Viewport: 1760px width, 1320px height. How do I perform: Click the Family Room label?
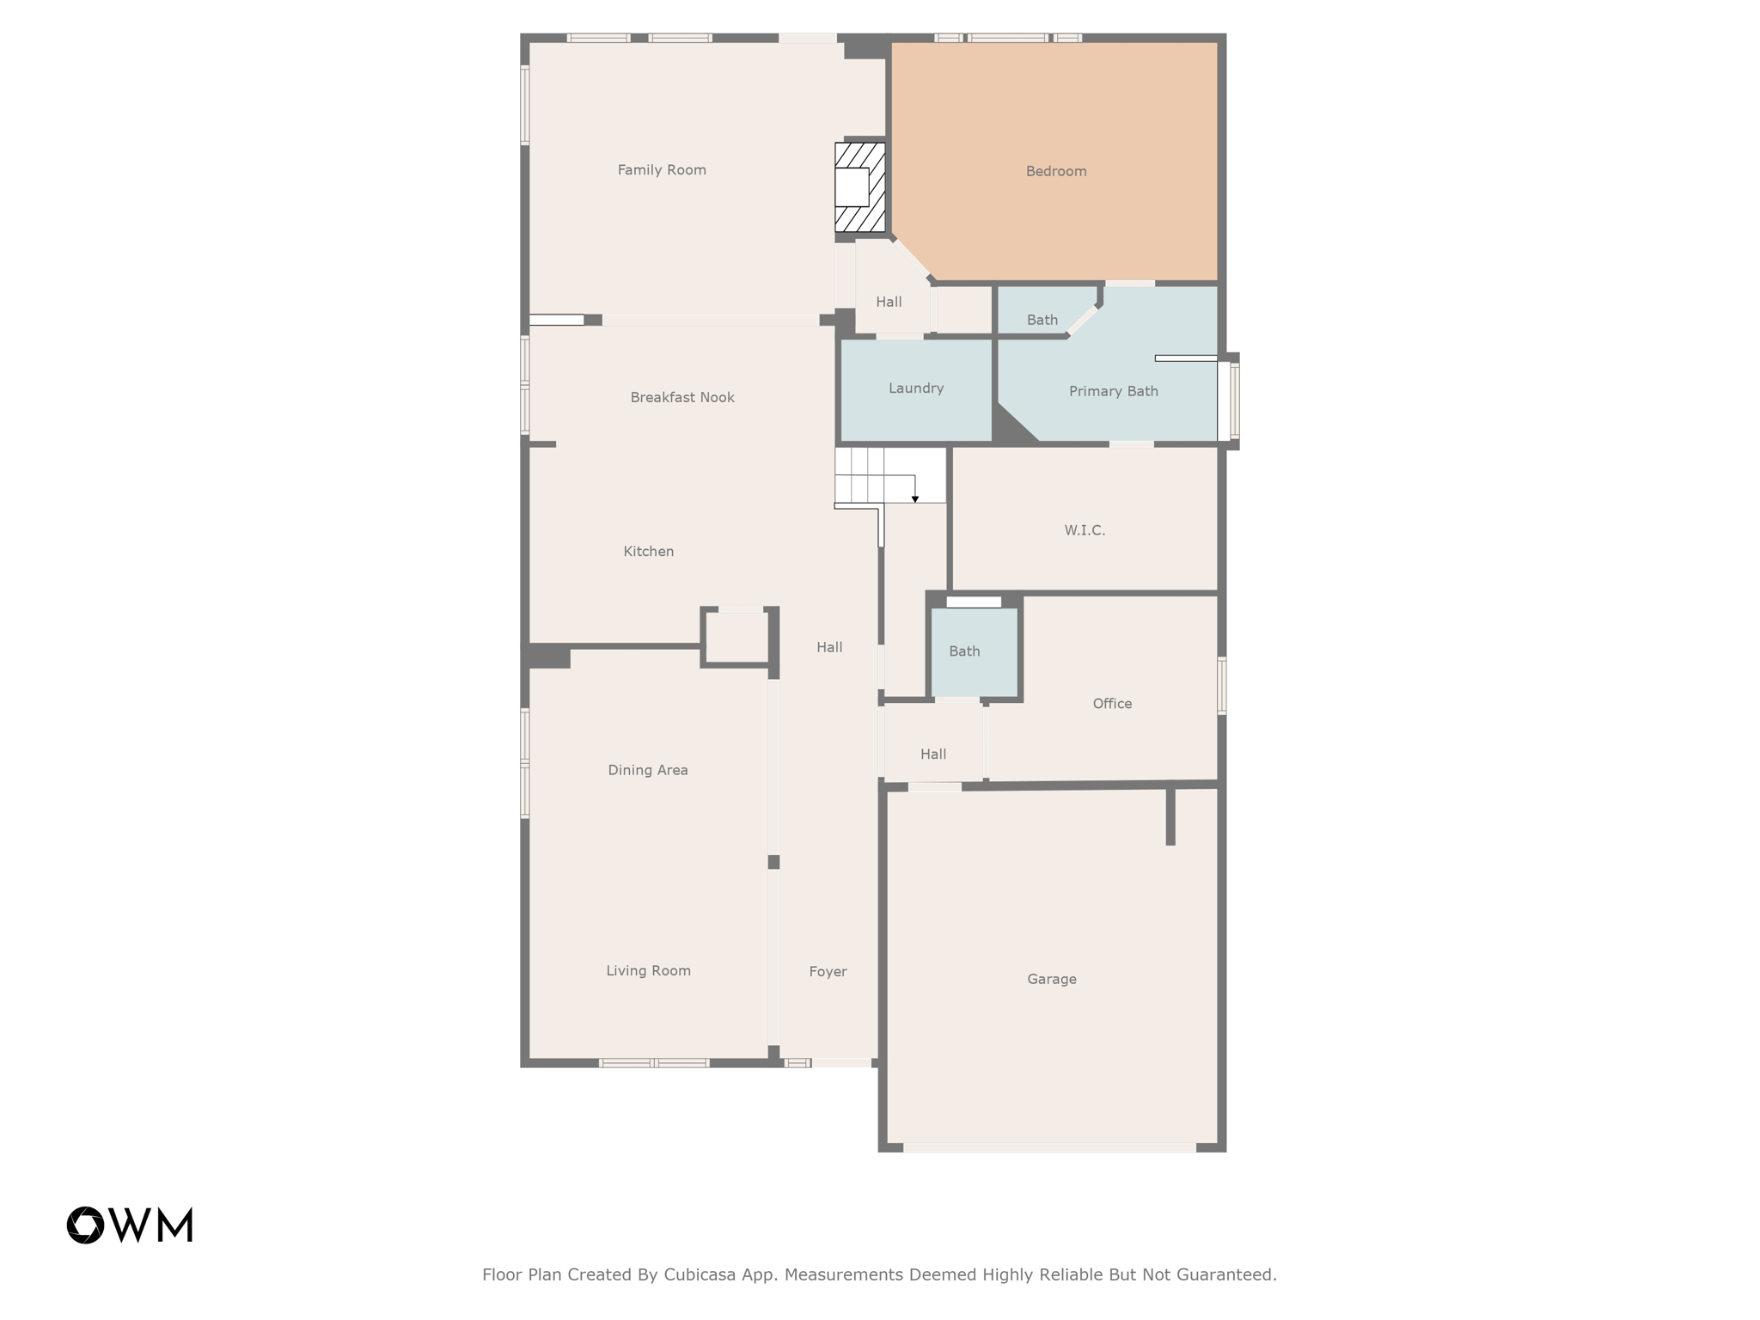pyautogui.click(x=662, y=170)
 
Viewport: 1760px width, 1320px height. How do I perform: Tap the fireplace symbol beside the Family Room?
pyautogui.click(x=859, y=187)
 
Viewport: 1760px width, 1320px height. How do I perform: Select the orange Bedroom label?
pyautogui.click(x=1055, y=171)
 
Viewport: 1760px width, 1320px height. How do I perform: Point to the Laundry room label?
pyautogui.click(x=915, y=388)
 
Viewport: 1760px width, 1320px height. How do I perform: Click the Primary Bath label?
pyautogui.click(x=1113, y=391)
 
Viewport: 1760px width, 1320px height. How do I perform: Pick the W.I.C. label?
pyautogui.click(x=1085, y=530)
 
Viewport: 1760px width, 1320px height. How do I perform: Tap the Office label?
pyautogui.click(x=1111, y=704)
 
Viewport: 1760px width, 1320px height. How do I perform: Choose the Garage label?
pyautogui.click(x=1051, y=979)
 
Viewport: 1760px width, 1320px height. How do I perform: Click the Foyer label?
pyautogui.click(x=828, y=971)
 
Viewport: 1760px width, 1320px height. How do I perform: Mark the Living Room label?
pyautogui.click(x=648, y=970)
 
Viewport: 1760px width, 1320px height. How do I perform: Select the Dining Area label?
pyautogui.click(x=647, y=770)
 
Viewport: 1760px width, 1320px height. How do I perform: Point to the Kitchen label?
pyautogui.click(x=648, y=552)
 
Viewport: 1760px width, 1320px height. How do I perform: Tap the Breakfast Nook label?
pyautogui.click(x=681, y=397)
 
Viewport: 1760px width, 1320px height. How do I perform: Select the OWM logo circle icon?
pyautogui.click(x=85, y=1225)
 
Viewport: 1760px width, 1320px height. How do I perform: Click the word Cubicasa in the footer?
pyautogui.click(x=699, y=1274)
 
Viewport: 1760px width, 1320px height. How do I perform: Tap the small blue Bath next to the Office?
pyautogui.click(x=964, y=651)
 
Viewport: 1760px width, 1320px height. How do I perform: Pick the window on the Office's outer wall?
pyautogui.click(x=1221, y=685)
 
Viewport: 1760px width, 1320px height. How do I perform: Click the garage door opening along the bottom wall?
pyautogui.click(x=1048, y=1147)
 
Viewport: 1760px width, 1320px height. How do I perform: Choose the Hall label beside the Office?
pyautogui.click(x=932, y=755)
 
